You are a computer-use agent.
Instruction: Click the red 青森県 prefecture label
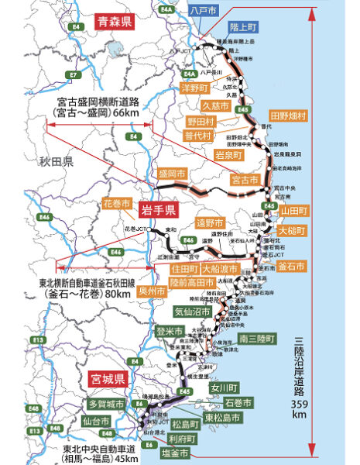click(x=114, y=22)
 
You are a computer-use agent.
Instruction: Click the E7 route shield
click(x=74, y=75)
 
